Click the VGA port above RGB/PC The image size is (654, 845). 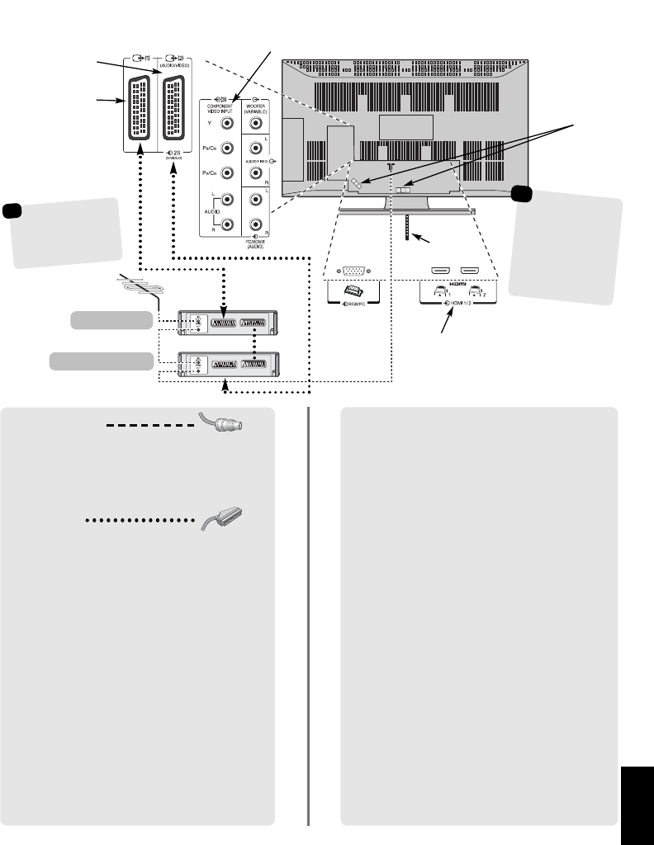point(353,271)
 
